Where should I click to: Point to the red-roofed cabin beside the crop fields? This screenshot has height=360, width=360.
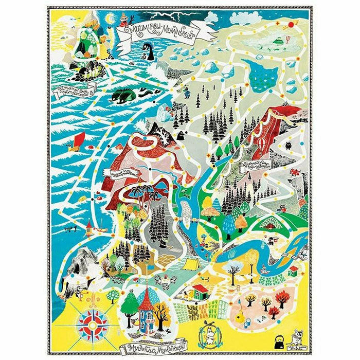(196, 292)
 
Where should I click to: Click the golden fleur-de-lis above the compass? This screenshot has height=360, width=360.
(93, 300)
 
